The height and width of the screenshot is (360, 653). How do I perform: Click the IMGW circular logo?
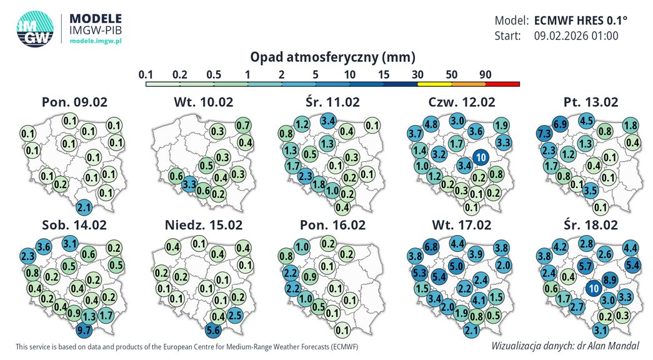tap(35, 29)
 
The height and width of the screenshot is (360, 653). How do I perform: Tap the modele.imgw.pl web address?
tap(95, 39)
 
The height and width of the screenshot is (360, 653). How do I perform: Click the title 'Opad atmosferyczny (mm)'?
tap(332, 57)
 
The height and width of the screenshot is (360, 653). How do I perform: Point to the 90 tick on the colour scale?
tap(486, 74)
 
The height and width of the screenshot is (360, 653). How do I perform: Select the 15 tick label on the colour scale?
tap(384, 74)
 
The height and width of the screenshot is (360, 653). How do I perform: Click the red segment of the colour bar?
tap(502, 83)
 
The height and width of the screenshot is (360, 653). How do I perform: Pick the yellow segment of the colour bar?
tap(434, 83)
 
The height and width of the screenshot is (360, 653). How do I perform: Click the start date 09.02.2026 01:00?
tap(576, 36)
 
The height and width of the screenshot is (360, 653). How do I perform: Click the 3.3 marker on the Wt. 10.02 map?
tap(189, 184)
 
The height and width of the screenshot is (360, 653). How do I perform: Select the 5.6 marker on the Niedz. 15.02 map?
tap(214, 331)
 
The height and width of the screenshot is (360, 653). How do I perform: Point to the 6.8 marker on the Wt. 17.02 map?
tap(430, 247)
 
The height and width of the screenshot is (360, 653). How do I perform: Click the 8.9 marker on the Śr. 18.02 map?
tap(611, 280)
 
